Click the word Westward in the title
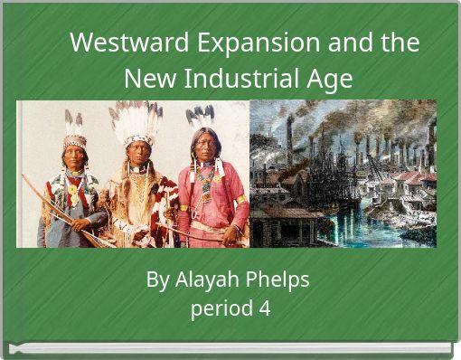tap(115, 43)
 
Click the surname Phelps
tap(278, 279)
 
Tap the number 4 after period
tap(264, 308)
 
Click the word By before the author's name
tap(157, 279)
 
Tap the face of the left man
tap(74, 156)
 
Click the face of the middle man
tap(137, 150)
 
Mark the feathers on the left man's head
tap(73, 121)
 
